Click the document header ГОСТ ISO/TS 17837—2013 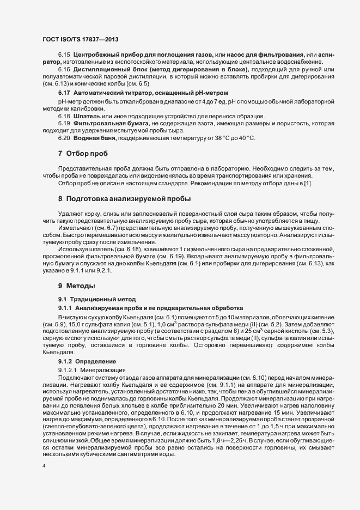(x=80, y=40)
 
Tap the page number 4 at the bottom (x=44, y=466)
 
